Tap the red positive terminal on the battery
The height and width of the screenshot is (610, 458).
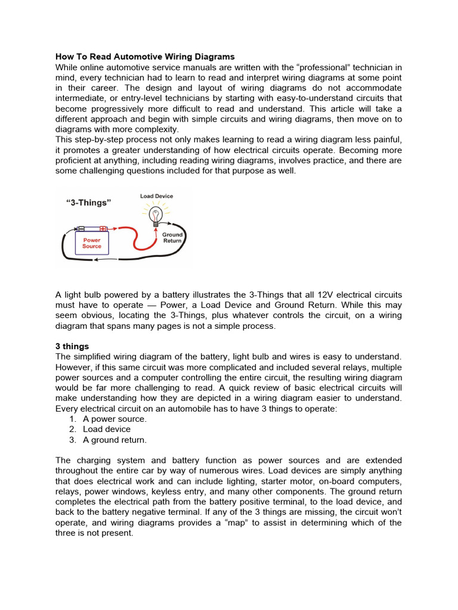tap(103, 228)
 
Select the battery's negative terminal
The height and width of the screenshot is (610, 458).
tap(81, 228)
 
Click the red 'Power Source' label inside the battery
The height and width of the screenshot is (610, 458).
tap(92, 243)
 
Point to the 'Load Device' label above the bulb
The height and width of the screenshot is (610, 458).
tap(157, 196)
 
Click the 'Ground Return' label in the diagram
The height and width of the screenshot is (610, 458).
tap(172, 238)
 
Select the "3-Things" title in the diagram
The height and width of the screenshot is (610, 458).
tap(88, 203)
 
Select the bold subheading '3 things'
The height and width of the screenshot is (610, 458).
tap(72, 346)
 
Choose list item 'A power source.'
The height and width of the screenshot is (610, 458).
tap(114, 419)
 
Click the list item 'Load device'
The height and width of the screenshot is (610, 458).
tap(107, 429)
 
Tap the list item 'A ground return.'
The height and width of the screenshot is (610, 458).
tap(114, 440)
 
